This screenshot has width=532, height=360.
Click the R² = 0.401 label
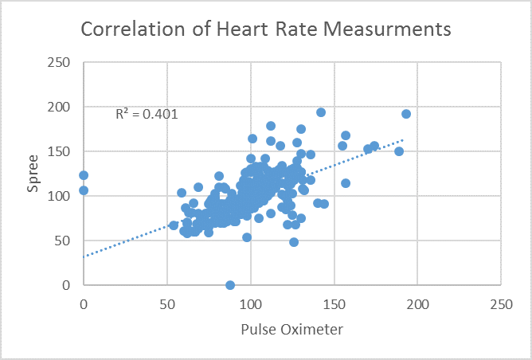tap(147, 114)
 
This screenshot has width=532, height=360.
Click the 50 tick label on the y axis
tap(64, 241)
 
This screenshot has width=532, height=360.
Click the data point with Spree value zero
tap(230, 285)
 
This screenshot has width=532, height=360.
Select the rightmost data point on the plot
tap(406, 114)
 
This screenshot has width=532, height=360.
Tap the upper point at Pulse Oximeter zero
tap(84, 175)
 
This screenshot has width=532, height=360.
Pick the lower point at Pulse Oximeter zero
tap(84, 190)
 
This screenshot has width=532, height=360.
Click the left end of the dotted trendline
tap(84, 256)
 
